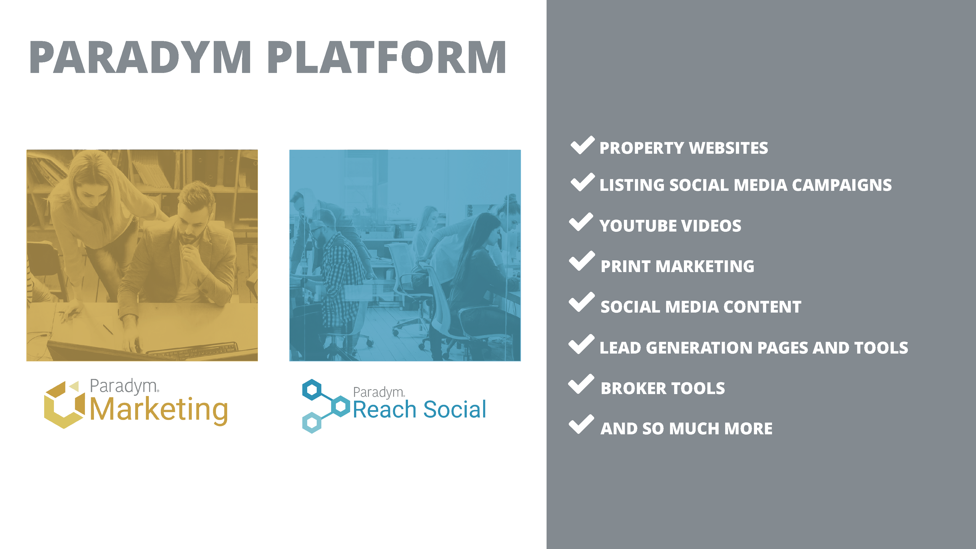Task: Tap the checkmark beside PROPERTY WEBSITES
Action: tap(582, 145)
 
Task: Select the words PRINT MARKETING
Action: tap(677, 266)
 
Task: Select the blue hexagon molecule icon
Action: tap(325, 406)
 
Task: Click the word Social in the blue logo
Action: tap(455, 410)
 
